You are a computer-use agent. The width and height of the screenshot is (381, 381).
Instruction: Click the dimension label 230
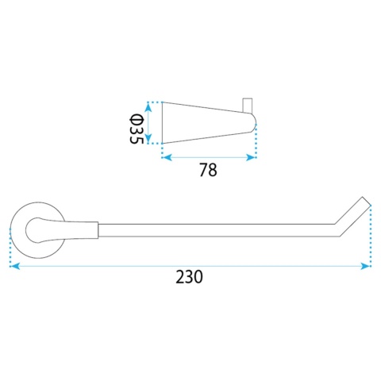click(x=189, y=277)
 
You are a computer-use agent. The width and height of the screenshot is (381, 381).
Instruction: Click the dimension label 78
click(x=208, y=170)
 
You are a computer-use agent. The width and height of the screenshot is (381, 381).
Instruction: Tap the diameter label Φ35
click(x=137, y=129)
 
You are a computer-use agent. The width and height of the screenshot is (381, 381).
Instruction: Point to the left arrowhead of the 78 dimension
click(x=167, y=158)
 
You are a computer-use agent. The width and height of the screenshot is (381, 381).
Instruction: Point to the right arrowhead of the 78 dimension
click(x=251, y=158)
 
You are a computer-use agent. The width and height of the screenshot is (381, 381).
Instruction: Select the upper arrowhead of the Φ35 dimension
click(x=148, y=107)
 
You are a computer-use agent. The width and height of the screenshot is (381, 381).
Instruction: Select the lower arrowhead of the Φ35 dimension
click(x=148, y=138)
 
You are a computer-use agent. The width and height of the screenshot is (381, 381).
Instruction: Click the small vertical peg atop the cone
click(x=248, y=106)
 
